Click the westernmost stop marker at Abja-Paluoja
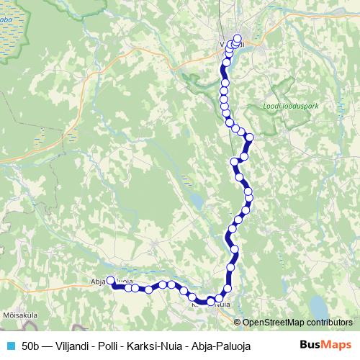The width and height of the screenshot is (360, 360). tap(111, 282)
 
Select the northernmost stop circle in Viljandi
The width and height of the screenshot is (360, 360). tap(238, 41)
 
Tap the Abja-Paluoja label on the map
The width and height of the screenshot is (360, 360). tap(112, 282)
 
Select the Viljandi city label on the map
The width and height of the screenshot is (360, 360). tap(232, 45)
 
